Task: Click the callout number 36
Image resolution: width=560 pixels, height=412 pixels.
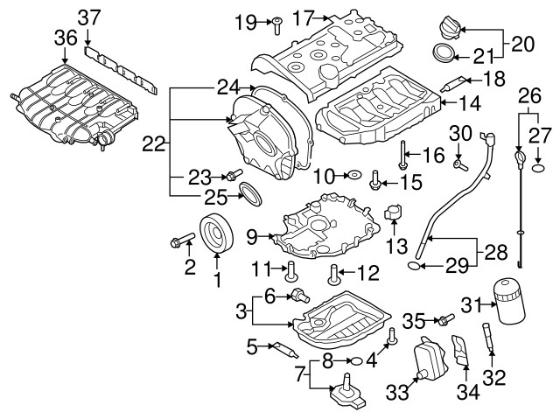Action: click(66, 38)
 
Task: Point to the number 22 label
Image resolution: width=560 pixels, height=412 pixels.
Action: click(154, 145)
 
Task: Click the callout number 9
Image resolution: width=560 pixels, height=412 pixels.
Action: click(250, 235)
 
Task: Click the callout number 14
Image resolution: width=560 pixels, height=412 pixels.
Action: click(471, 103)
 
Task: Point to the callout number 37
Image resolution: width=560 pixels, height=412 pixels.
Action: click(89, 17)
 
